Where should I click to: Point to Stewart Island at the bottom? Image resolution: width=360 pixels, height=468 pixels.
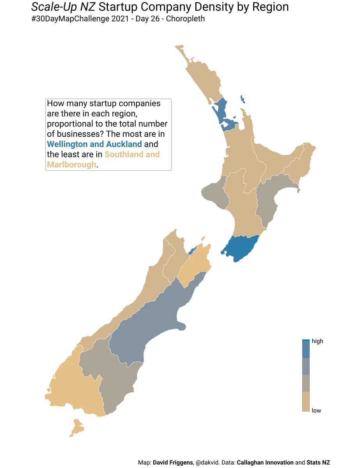[77, 427]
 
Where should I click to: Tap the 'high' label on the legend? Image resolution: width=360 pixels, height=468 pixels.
[317, 341]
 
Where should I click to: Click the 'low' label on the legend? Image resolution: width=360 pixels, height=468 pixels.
[316, 411]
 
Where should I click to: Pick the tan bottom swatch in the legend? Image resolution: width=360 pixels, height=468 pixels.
[306, 402]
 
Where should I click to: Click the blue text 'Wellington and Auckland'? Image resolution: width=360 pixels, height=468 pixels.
[94, 144]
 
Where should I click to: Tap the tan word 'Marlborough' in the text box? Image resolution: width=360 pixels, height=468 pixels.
[71, 165]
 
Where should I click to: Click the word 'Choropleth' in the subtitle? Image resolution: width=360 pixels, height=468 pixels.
[185, 19]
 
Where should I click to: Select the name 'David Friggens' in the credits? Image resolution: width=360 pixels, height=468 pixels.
[173, 463]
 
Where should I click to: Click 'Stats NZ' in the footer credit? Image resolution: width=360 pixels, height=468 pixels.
[318, 463]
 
